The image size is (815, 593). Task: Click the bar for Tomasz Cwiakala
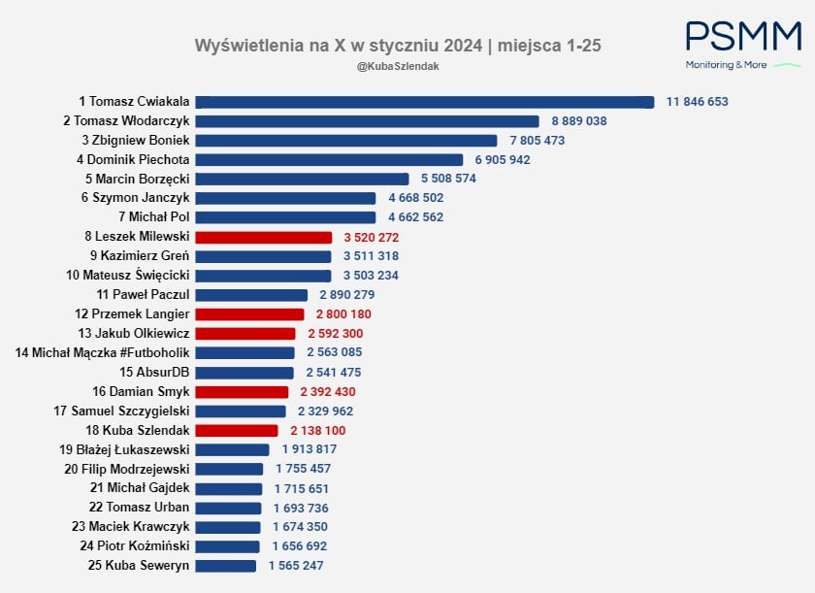point(425,102)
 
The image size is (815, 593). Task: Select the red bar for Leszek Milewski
point(264,237)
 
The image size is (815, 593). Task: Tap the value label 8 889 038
point(579,121)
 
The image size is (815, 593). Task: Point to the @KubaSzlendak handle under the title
point(392,65)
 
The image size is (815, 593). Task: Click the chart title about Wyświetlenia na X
point(405,46)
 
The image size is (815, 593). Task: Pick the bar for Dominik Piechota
point(330,159)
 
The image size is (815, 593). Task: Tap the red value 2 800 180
point(343,314)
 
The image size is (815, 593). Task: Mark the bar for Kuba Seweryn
point(226,565)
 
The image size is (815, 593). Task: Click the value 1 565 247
point(296,565)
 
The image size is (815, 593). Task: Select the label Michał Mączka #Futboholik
point(103,352)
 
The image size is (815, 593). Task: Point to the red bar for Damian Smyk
point(242,391)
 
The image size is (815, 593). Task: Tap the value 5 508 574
point(448,179)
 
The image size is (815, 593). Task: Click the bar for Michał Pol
point(285,217)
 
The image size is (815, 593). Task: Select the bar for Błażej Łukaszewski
point(232,449)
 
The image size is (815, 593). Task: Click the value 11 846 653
point(697,102)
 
